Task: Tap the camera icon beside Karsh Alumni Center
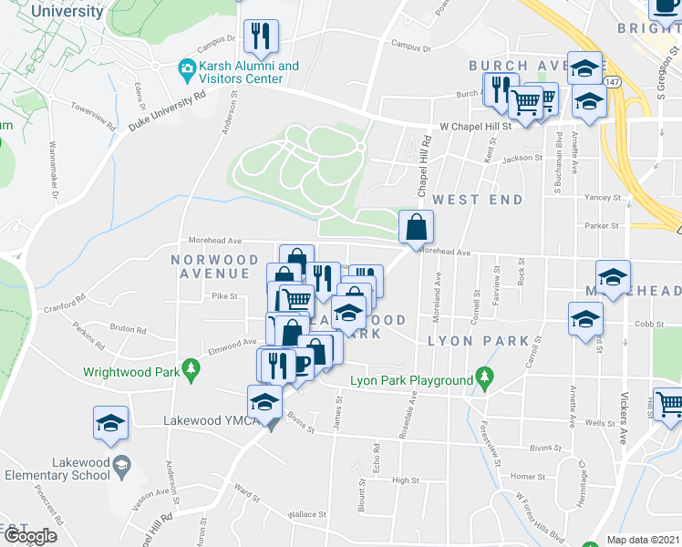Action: [x=186, y=67]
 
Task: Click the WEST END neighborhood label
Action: [x=478, y=200]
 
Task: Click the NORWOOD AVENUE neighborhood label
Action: [x=215, y=266]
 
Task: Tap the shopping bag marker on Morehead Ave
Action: [x=416, y=227]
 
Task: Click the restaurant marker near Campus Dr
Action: [x=262, y=36]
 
